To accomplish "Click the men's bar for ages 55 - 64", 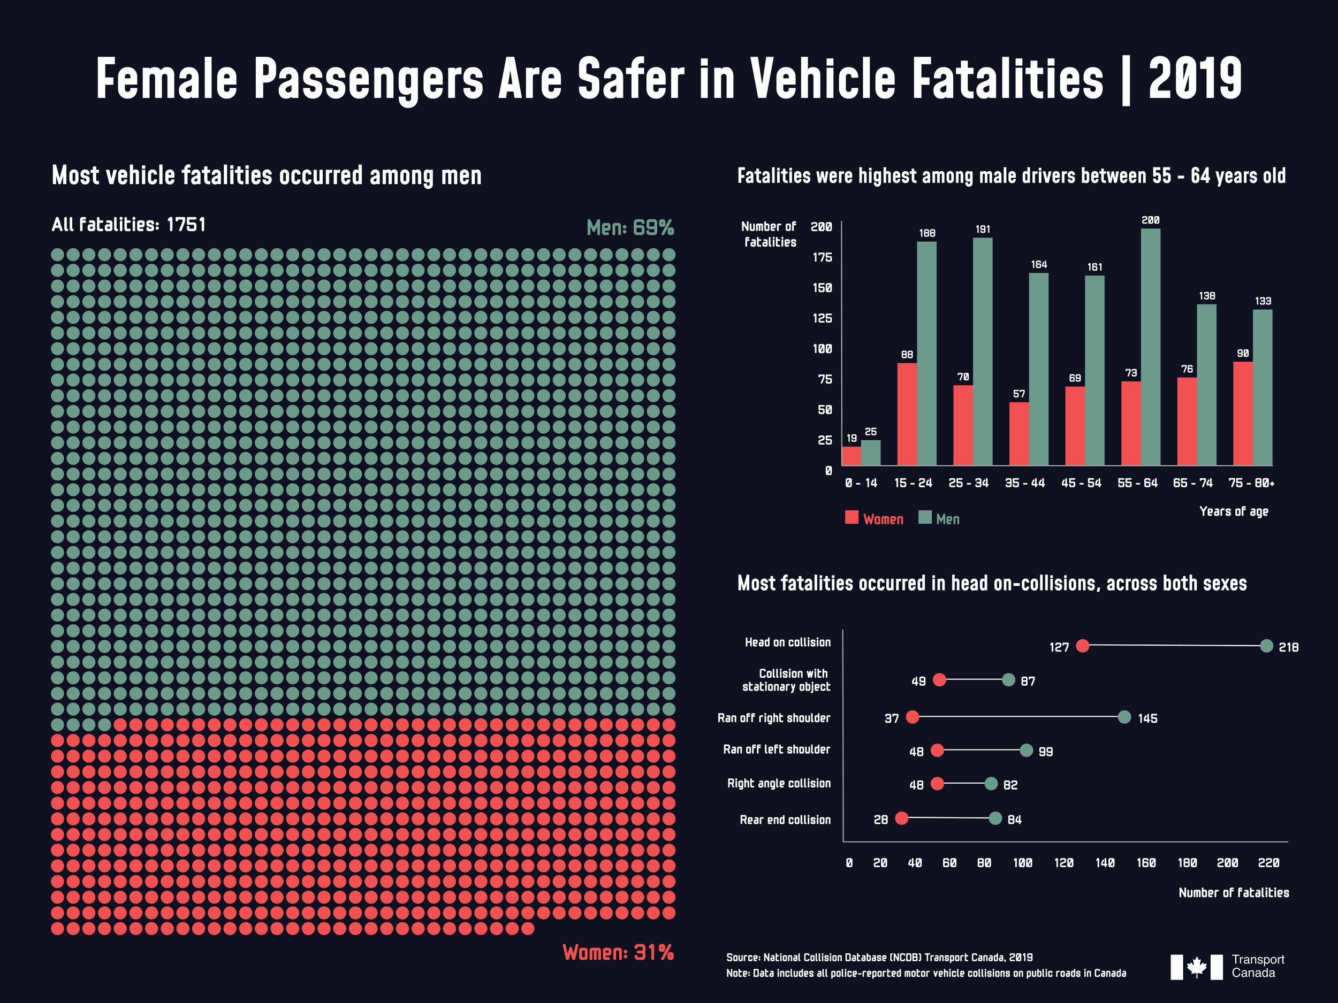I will pyautogui.click(x=1150, y=347).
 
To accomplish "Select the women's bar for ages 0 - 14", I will pyautogui.click(x=851, y=456).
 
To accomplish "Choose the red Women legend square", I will pyautogui.click(x=852, y=517).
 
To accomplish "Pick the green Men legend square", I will pyautogui.click(x=925, y=517).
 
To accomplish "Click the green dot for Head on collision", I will pyautogui.click(x=1266, y=646).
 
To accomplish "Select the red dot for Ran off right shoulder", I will pyautogui.click(x=912, y=717).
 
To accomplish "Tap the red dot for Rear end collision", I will pyautogui.click(x=901, y=818).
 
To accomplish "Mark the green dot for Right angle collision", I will pyautogui.click(x=991, y=784).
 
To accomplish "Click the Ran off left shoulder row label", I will pyautogui.click(x=776, y=749).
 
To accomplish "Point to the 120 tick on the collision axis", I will pyautogui.click(x=1063, y=863).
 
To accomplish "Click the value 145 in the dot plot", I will pyautogui.click(x=1147, y=719).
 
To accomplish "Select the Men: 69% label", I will pyautogui.click(x=630, y=228).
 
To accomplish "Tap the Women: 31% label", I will pyautogui.click(x=618, y=953).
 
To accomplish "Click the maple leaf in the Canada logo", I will pyautogui.click(x=1197, y=967).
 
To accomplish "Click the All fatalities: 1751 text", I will pyautogui.click(x=129, y=225).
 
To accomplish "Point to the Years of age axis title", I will pyautogui.click(x=1233, y=511).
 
